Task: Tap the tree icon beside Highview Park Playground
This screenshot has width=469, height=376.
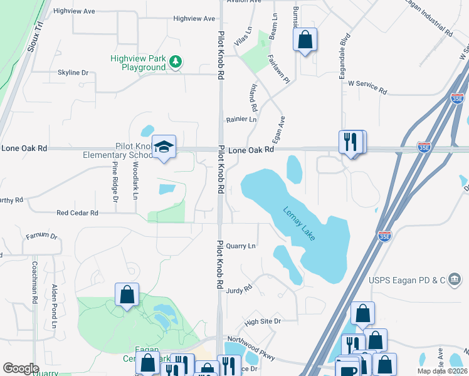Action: [x=177, y=60]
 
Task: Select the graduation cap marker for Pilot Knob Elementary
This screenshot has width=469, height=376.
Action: [x=164, y=147]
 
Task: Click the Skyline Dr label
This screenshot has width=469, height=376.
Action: [x=73, y=73]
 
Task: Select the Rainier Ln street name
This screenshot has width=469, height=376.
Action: [x=241, y=119]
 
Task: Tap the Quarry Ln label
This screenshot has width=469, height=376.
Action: [x=241, y=246]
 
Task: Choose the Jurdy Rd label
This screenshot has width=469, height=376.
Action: [x=239, y=290]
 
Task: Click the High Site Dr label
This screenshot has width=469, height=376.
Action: [x=263, y=321]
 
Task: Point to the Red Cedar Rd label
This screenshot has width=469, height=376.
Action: [x=77, y=213]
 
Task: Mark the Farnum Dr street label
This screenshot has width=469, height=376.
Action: [x=41, y=237]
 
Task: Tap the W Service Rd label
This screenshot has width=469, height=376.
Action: [x=367, y=86]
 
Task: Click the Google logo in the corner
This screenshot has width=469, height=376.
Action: [x=21, y=368]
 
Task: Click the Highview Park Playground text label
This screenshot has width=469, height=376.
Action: [x=138, y=63]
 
